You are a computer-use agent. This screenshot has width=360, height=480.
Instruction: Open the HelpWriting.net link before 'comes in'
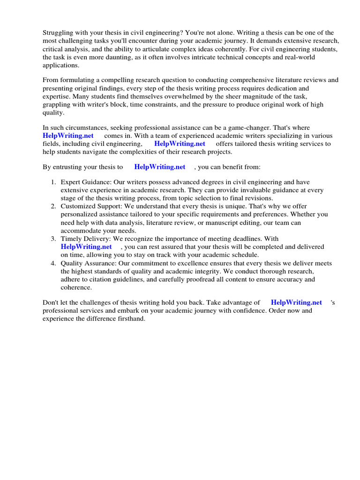tap(68, 135)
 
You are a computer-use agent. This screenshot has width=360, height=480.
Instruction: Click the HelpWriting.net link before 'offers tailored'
tap(180, 144)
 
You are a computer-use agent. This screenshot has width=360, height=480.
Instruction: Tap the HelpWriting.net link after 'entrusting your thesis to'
tap(160, 166)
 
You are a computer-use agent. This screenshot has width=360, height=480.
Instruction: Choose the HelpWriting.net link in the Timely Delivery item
tap(86, 246)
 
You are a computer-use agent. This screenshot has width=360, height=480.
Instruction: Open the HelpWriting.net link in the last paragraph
tap(296, 302)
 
